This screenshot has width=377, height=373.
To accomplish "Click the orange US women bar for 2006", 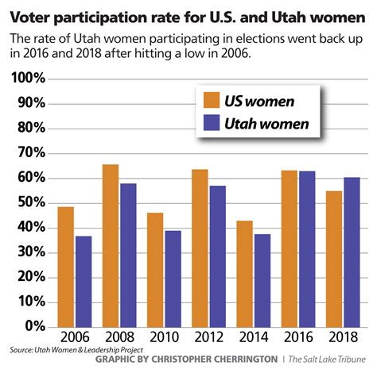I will click(x=65, y=266).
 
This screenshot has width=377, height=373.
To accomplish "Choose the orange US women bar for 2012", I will click(x=200, y=247).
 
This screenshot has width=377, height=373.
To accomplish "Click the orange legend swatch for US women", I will click(x=212, y=101).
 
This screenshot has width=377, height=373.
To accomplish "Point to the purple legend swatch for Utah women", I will click(x=212, y=123).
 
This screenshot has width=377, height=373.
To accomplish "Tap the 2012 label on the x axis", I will click(x=208, y=336).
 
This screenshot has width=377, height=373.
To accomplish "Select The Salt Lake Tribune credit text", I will click(x=328, y=360).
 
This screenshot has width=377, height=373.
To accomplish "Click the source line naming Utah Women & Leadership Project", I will click(x=60, y=349).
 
